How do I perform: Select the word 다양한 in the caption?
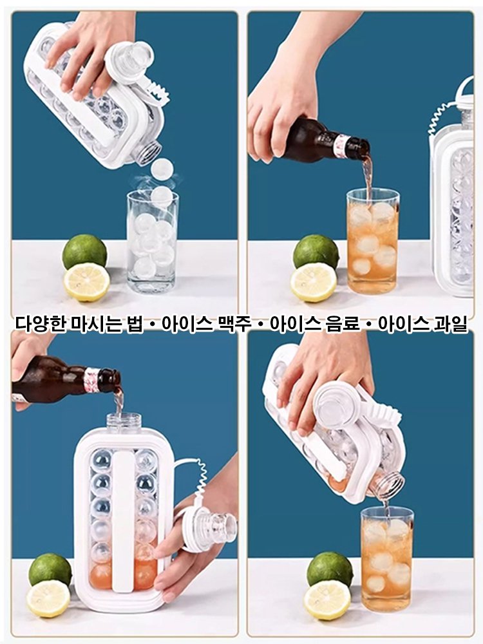[36, 324]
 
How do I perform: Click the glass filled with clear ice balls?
[152, 241]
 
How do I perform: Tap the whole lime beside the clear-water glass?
[84, 252]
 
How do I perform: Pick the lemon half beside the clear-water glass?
[86, 281]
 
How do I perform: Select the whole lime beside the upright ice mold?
[50, 569]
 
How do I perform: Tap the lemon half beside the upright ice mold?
[48, 598]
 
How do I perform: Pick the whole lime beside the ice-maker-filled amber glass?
[330, 569]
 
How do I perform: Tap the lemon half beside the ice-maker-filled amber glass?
[327, 600]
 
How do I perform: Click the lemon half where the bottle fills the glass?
[314, 282]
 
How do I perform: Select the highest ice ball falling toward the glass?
[162, 169]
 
